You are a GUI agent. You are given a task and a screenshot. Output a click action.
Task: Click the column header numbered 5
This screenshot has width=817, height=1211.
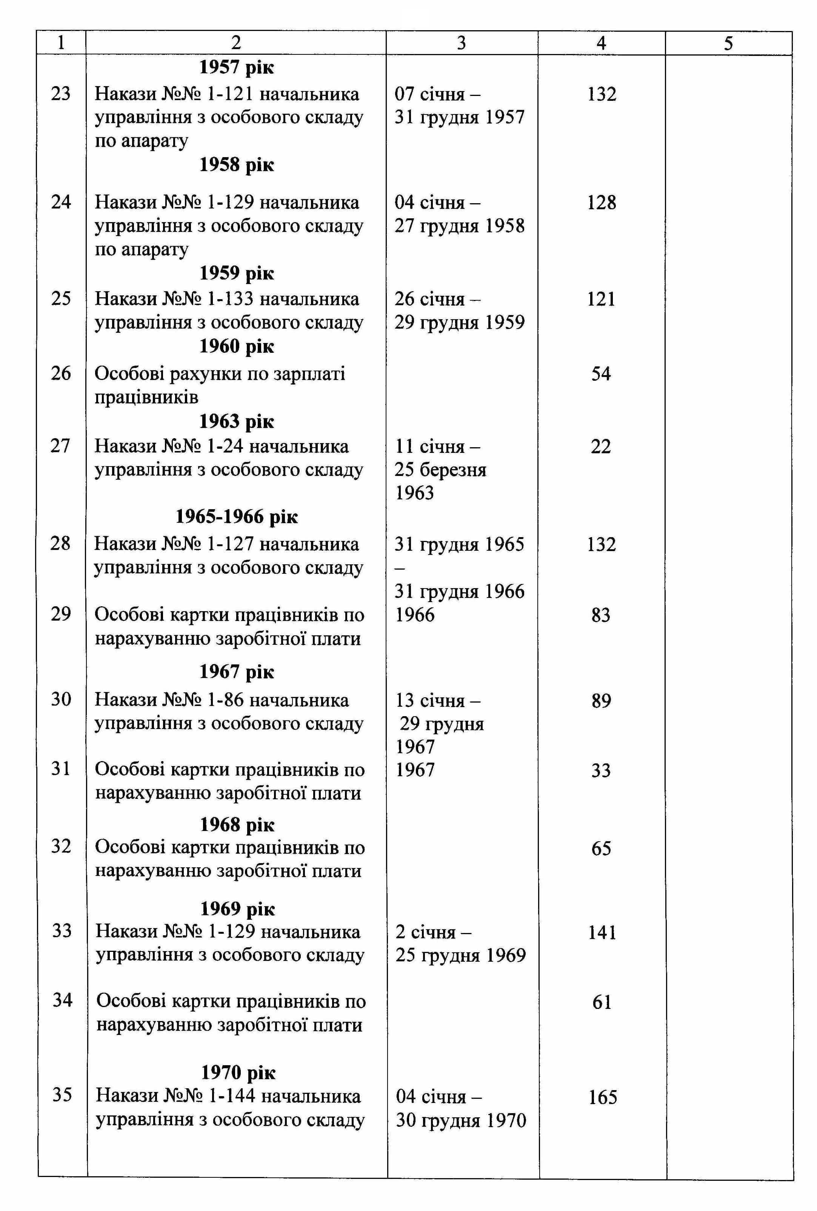tap(728, 43)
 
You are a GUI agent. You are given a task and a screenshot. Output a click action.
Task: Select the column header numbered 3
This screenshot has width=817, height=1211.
tap(461, 43)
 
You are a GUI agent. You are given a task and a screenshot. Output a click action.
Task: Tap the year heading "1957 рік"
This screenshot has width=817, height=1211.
tap(236, 67)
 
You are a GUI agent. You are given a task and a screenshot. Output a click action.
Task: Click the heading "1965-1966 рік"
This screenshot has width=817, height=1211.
tap(236, 516)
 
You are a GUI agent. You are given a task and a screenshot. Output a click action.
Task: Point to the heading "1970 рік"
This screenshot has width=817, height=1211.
tap(238, 1072)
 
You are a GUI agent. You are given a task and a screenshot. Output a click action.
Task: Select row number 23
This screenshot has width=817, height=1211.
tap(60, 94)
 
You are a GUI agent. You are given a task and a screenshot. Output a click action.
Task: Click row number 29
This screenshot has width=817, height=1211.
tap(60, 614)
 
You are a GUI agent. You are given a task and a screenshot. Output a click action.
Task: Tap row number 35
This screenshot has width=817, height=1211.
tap(62, 1094)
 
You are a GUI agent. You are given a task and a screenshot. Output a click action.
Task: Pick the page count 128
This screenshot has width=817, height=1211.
tap(602, 202)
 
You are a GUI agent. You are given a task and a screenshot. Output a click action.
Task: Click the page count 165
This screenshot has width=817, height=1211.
tap(602, 1097)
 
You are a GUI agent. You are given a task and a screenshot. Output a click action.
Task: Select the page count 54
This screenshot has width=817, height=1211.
tap(601, 374)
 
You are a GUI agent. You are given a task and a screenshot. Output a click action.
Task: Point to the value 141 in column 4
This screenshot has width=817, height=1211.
tap(602, 932)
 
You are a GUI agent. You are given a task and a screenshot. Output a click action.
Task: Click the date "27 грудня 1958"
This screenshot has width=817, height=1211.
tap(459, 226)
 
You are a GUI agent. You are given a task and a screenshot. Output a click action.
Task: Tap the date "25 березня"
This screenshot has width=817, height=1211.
tap(440, 470)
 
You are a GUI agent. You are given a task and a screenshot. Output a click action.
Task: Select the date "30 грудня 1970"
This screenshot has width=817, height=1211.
tap(461, 1120)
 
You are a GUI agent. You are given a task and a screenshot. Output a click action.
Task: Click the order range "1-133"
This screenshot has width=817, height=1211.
tap(230, 298)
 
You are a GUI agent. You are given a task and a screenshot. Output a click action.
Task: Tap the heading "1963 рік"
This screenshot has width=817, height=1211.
tap(236, 422)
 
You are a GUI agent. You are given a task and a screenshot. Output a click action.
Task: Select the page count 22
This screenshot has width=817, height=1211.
tap(600, 446)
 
